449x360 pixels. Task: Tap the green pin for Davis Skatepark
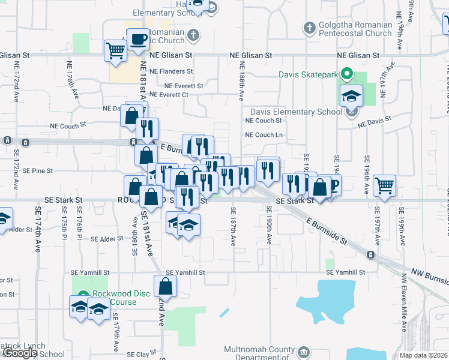point(346,74)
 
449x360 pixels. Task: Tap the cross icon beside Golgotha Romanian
point(309,28)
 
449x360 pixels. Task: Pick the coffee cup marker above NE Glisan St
point(138,40)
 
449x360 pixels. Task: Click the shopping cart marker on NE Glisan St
point(115,50)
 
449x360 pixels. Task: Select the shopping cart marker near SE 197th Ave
point(384,185)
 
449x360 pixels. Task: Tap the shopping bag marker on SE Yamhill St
point(165,286)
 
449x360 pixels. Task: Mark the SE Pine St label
point(38,170)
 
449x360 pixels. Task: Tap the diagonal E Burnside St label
point(327,232)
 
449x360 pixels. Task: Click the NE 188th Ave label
point(242,80)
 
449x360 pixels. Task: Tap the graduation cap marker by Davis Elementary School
point(351,95)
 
